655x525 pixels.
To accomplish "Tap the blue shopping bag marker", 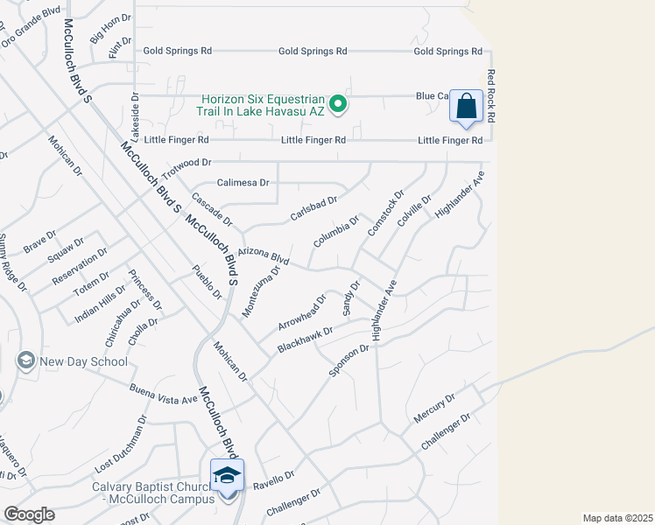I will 467,108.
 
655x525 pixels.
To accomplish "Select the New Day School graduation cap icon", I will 25,360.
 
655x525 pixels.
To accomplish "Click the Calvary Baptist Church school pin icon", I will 227,477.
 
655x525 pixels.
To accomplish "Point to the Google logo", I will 29,514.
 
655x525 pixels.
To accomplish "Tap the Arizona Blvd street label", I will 263,255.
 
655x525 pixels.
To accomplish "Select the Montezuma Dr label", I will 261,291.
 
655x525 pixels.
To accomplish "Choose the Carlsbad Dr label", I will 313,210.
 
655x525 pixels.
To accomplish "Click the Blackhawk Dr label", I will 306,339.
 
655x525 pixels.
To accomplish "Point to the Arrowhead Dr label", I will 302,312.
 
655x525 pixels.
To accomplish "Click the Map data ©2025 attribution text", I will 617,518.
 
